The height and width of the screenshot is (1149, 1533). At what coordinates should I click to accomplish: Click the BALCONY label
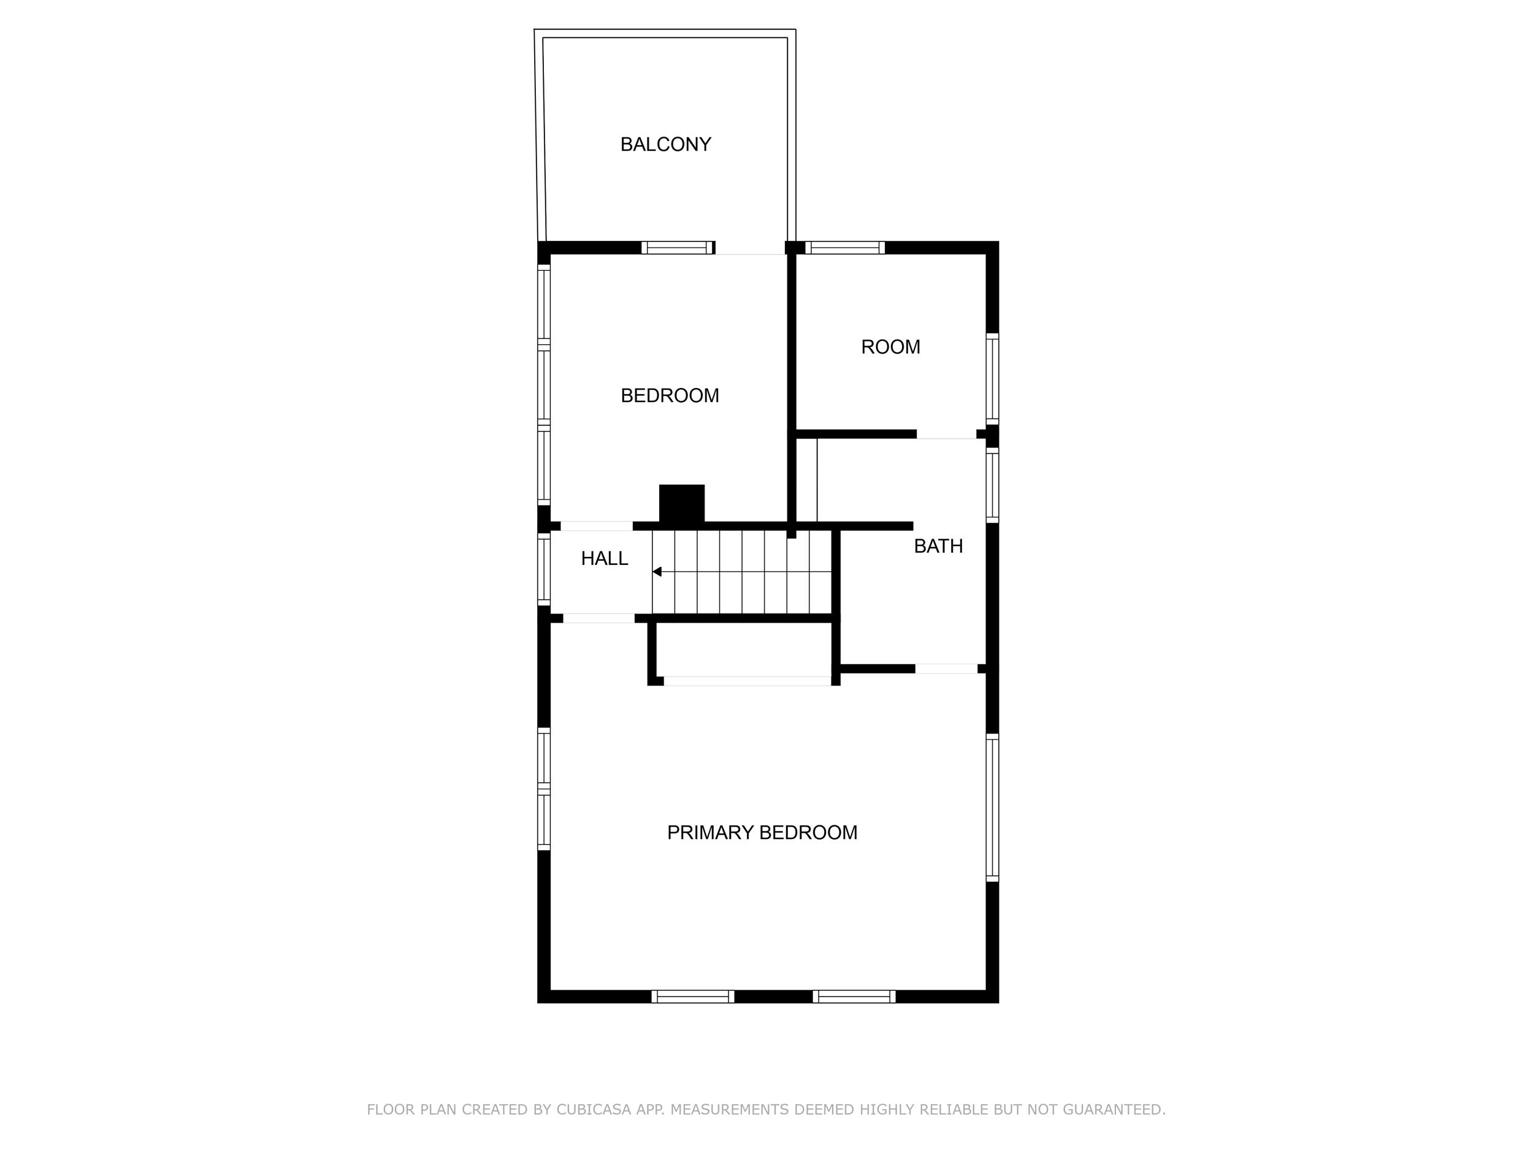[x=665, y=144]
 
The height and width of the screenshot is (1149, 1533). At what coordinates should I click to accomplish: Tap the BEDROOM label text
[x=670, y=395]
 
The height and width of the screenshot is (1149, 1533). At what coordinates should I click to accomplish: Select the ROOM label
[x=890, y=347]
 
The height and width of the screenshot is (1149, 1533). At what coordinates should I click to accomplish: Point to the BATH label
[x=938, y=547]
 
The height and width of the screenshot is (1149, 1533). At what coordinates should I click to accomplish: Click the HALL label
[x=605, y=558]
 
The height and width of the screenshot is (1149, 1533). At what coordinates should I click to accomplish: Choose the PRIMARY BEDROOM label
[x=762, y=832]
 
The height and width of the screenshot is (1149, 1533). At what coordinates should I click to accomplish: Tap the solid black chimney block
[x=681, y=503]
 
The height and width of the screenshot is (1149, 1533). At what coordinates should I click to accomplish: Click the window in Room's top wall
[x=845, y=247]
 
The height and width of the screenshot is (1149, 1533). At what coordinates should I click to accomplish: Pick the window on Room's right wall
[x=992, y=379]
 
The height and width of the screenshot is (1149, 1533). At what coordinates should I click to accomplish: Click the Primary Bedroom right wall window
[x=992, y=808]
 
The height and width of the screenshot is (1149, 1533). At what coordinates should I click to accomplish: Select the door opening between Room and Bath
[x=946, y=434]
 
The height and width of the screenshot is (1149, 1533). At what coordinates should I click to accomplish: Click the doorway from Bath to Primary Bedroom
[x=946, y=669]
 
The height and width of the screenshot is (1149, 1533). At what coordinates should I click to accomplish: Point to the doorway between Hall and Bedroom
[x=596, y=526]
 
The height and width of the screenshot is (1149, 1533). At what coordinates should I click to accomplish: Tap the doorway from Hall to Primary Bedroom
[x=598, y=618]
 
